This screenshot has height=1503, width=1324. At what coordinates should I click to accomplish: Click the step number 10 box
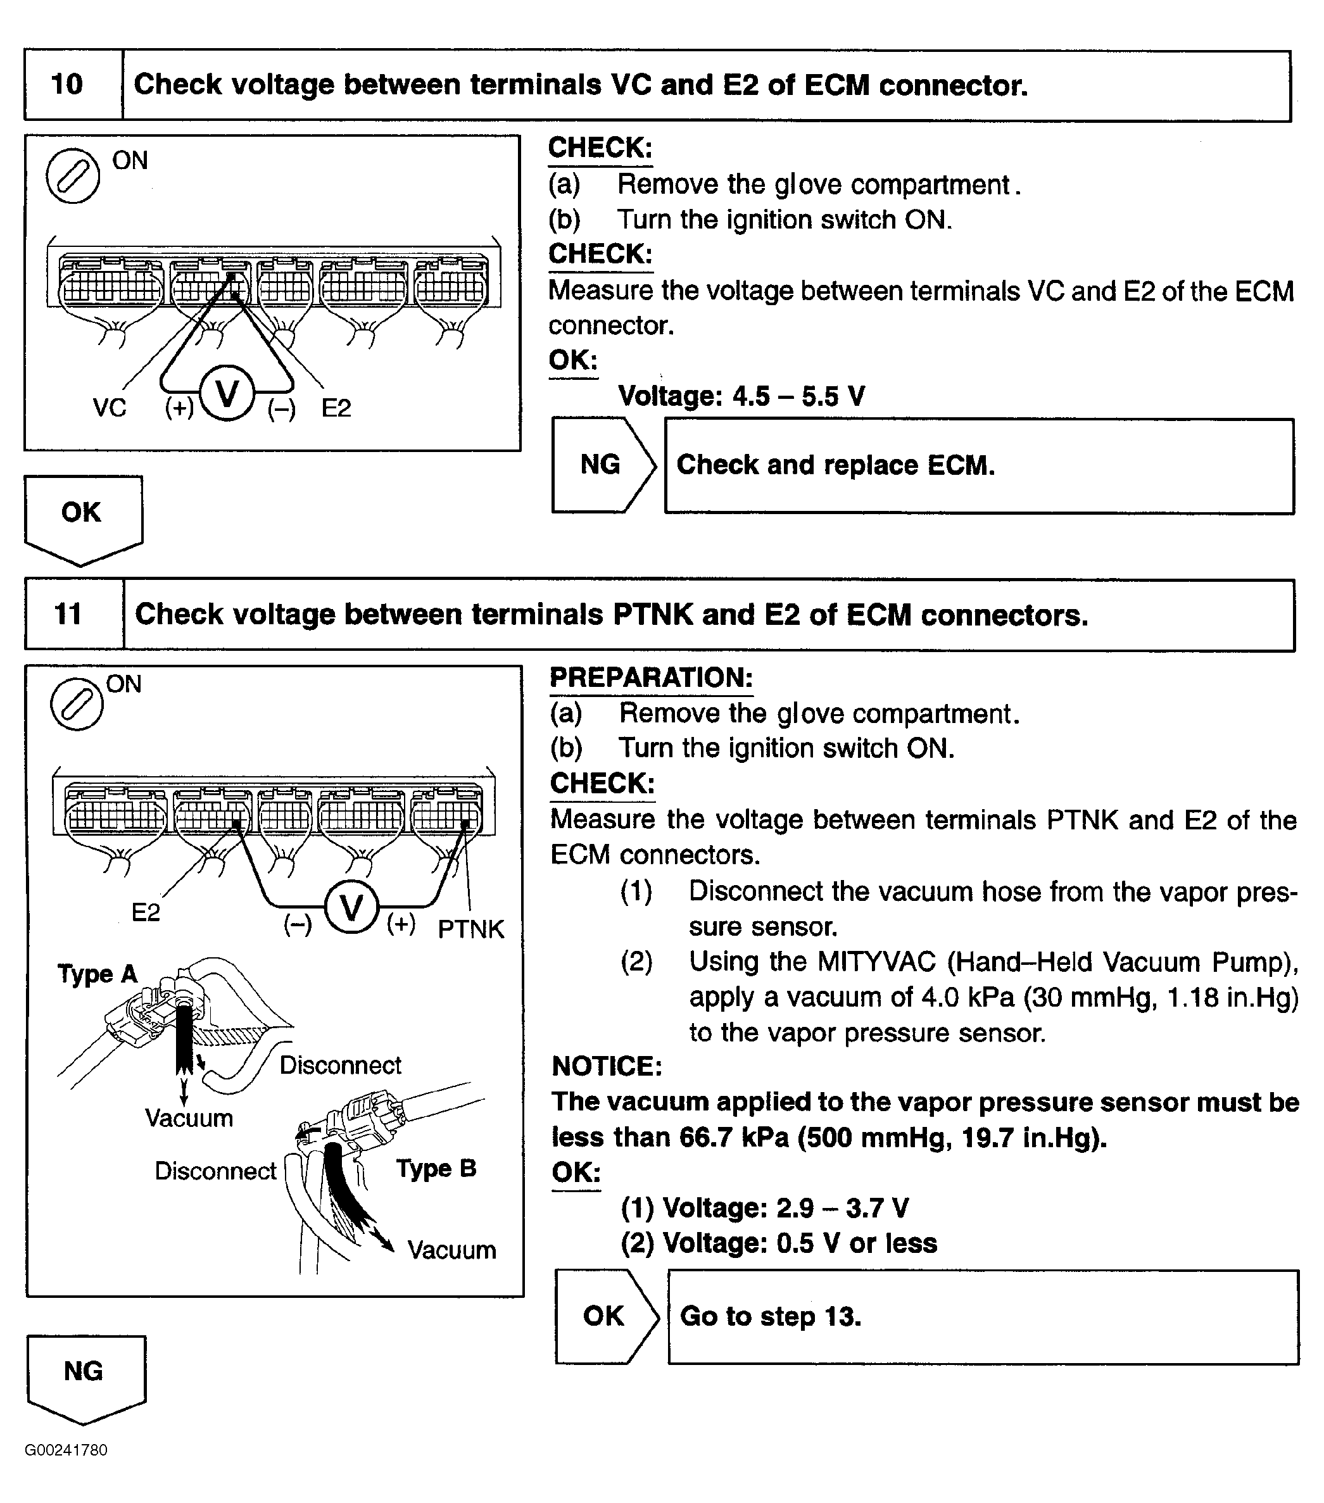click(x=68, y=85)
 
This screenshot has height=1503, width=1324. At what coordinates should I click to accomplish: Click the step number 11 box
click(x=68, y=614)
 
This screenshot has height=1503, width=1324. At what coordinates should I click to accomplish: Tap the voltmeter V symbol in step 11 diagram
click(x=351, y=907)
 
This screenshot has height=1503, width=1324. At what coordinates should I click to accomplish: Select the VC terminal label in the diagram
click(x=110, y=407)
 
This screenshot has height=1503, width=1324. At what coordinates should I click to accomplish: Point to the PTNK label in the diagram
click(x=470, y=929)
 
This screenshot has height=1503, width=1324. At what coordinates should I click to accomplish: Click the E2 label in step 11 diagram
click(x=146, y=912)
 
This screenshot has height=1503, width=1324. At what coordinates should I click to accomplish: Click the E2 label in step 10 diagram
click(x=336, y=407)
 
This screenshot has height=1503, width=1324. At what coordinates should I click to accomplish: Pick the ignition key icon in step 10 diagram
click(x=73, y=176)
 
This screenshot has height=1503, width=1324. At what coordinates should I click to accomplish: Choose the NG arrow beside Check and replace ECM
click(x=602, y=465)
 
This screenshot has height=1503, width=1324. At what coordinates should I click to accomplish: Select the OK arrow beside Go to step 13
click(x=605, y=1316)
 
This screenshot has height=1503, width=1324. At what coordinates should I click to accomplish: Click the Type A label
click(x=97, y=974)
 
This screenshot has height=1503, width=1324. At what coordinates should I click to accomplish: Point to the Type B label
click(x=436, y=1169)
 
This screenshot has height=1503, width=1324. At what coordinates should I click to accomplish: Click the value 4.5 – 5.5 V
click(x=798, y=396)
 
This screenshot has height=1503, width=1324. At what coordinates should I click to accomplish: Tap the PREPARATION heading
click(x=651, y=678)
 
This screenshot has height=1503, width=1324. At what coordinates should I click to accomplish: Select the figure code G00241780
click(x=66, y=1450)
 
